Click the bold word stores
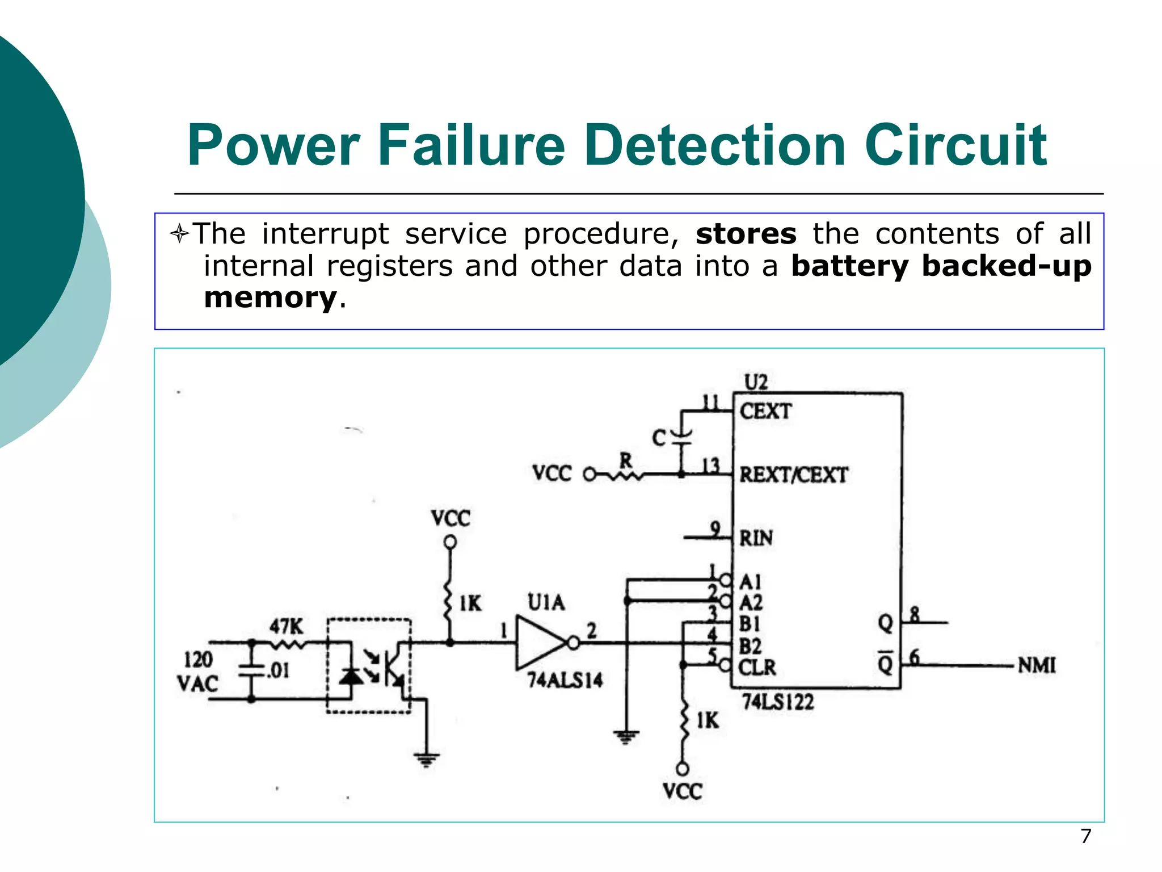pos(746,234)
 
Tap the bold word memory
pos(270,297)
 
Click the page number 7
pos(1085,836)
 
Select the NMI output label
pos(1037,665)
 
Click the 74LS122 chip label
pos(778,702)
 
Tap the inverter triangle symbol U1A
pos(539,643)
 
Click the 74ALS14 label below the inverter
pos(565,680)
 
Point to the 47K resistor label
pos(286,627)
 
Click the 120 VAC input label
pos(197,672)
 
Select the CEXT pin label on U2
pos(765,410)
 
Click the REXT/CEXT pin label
pos(793,475)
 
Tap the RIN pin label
pos(756,538)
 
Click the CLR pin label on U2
pos(757,667)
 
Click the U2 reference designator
pos(756,382)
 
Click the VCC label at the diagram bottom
pos(682,791)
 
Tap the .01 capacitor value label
pos(278,670)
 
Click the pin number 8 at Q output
pos(915,614)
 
